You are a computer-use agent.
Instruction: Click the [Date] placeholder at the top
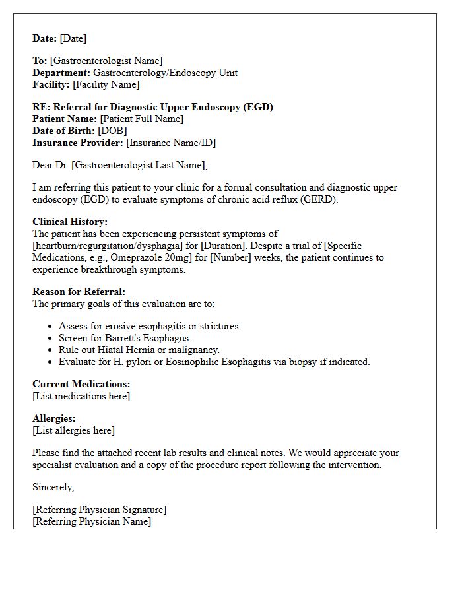tap(73, 38)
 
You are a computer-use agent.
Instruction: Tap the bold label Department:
tap(61, 73)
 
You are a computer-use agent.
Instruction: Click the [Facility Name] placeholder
tap(106, 84)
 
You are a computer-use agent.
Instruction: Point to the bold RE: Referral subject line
tap(152, 107)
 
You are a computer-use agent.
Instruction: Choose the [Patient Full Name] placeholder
tap(141, 119)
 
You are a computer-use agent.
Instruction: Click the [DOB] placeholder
tap(112, 131)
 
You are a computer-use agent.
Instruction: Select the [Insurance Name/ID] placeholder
tap(171, 143)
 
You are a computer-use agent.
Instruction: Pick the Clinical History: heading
tap(70, 222)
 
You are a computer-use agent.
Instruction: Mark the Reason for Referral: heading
tap(79, 292)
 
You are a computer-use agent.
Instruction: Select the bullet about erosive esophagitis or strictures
tap(150, 326)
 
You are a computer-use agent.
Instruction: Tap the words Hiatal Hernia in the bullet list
tap(125, 350)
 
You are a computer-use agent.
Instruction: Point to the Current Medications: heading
tap(81, 384)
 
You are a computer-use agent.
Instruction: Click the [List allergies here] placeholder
tap(73, 430)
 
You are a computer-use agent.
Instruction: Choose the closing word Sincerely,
tap(53, 487)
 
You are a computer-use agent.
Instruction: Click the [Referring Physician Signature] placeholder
tap(99, 510)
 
